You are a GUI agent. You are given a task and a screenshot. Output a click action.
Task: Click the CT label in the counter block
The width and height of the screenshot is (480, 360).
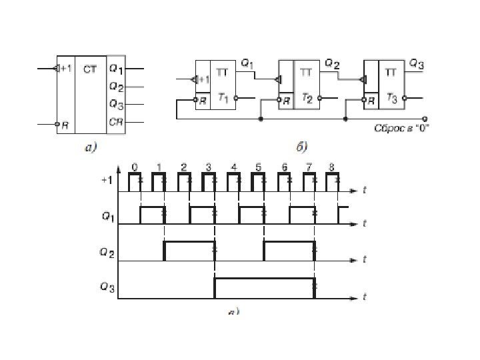click(89, 68)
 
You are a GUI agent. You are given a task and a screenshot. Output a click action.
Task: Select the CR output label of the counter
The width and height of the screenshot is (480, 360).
click(116, 122)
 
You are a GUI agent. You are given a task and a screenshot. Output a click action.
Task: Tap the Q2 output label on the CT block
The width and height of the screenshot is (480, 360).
click(116, 87)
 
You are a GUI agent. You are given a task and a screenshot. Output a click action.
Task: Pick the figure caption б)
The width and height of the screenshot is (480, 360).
click(301, 148)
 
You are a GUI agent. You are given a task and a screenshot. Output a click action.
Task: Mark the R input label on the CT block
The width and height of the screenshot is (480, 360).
click(64, 124)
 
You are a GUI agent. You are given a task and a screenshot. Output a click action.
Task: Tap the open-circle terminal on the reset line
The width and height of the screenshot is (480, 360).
click(425, 120)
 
